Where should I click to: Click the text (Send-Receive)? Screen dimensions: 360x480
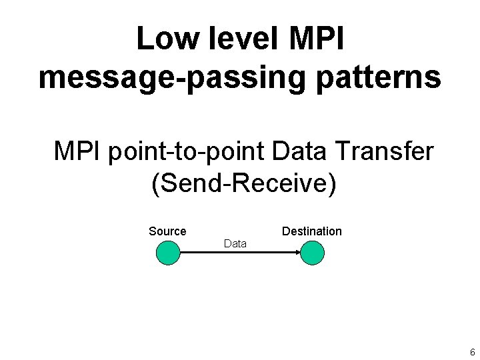(244, 183)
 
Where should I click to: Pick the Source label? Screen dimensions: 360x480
(167, 231)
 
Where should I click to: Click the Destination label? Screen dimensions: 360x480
(311, 231)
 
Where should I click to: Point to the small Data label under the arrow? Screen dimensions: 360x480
(235, 244)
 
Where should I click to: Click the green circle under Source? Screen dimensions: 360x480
(168, 253)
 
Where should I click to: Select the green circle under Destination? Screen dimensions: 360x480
(311, 253)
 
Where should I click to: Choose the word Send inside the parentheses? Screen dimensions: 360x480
(194, 183)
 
